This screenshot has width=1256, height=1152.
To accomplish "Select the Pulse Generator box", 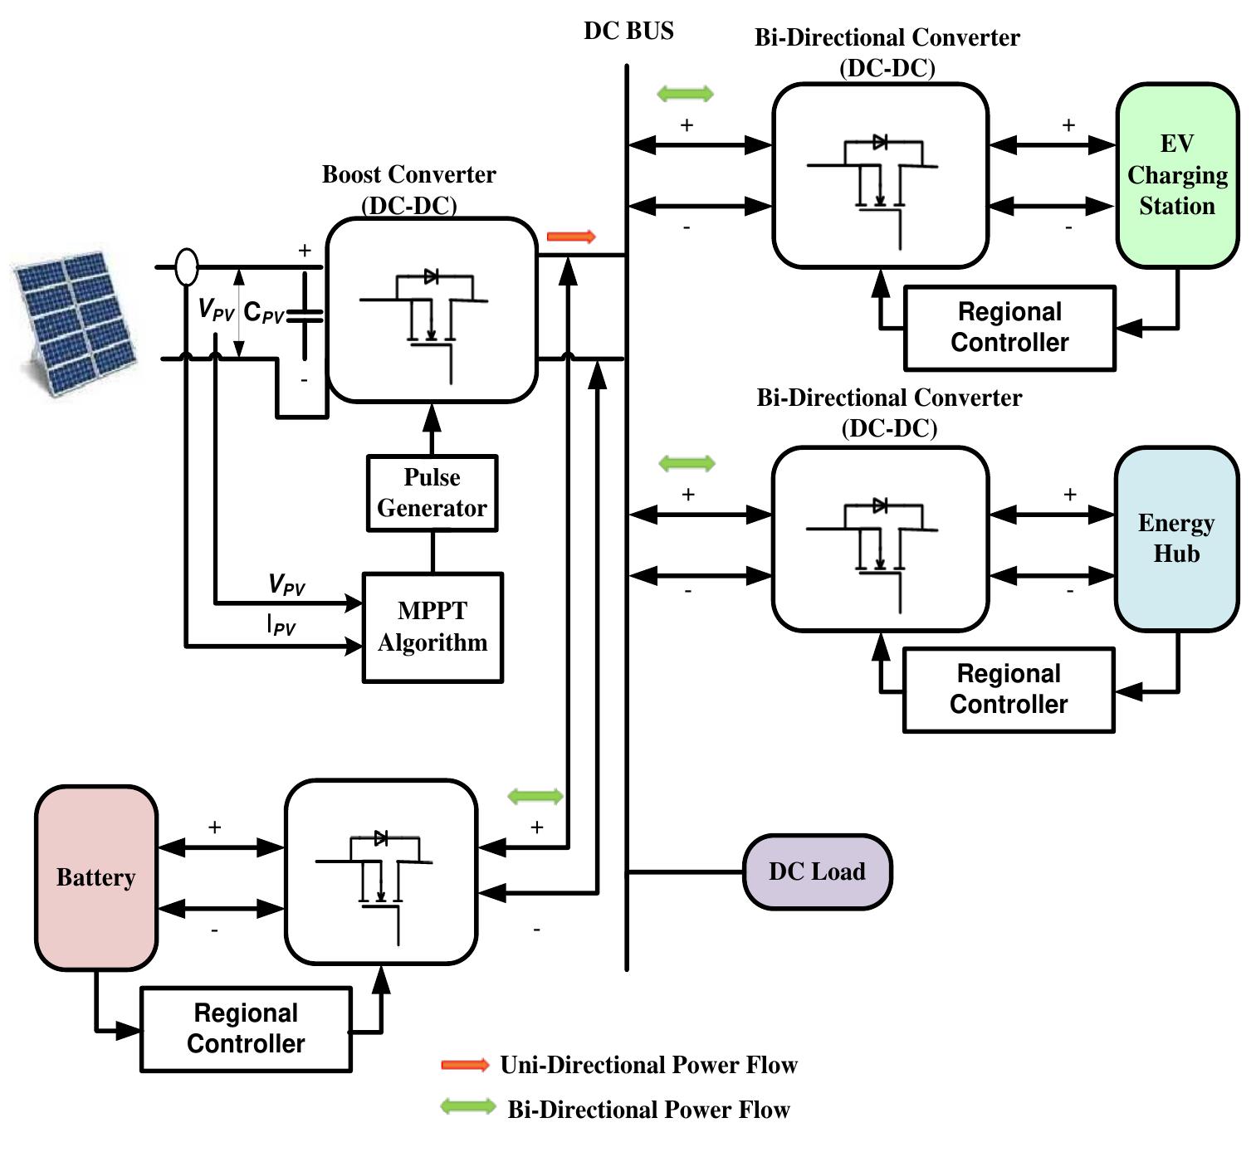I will [432, 493].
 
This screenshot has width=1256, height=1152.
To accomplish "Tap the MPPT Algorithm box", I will [433, 627].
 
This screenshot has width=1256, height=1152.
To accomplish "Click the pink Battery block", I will [96, 877].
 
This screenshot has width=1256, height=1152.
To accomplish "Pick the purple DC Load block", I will [817, 871].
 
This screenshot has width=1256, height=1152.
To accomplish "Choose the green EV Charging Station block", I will [1177, 175].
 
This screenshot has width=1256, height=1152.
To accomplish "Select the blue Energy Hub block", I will [1176, 539].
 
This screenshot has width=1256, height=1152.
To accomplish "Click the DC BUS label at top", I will [628, 31].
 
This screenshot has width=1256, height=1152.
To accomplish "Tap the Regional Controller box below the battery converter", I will [246, 1028].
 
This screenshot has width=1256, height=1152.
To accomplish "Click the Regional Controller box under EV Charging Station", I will [1009, 328].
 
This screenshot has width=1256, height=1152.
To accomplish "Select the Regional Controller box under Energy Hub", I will [1009, 690].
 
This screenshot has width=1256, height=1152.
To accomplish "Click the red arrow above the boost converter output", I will [572, 237].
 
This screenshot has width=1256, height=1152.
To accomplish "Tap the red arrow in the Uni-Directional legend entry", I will [465, 1065].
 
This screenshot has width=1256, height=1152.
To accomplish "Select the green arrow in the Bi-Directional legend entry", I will [467, 1106].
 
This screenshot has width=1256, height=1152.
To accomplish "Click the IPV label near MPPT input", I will [281, 624].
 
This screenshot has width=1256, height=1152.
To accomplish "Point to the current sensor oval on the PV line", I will [187, 266].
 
